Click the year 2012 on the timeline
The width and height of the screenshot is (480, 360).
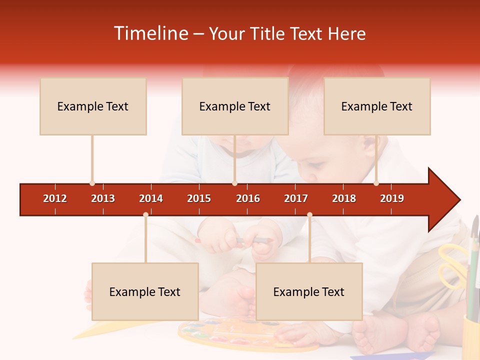tap(55, 198)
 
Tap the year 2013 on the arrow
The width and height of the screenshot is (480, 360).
tap(103, 198)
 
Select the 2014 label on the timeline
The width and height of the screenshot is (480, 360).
tap(151, 198)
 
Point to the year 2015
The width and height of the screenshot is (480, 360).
tap(199, 198)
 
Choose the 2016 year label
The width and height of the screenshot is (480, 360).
tap(248, 198)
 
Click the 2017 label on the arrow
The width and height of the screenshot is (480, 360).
tap(296, 198)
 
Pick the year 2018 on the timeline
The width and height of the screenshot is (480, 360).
tap(344, 198)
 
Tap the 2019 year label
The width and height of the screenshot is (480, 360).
tap(392, 198)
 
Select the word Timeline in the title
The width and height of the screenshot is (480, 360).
tap(150, 33)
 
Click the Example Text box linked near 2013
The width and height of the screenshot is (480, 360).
tap(93, 106)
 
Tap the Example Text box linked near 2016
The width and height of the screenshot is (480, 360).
tap(235, 106)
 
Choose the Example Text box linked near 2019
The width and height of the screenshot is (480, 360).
tap(377, 106)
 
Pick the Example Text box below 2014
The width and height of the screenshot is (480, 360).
tap(145, 291)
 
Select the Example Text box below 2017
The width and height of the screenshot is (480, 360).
tap(309, 291)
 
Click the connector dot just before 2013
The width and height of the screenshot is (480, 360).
tap(92, 183)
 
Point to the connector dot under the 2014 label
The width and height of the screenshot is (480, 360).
tap(145, 215)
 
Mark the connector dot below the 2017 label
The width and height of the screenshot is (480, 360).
tap(309, 215)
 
